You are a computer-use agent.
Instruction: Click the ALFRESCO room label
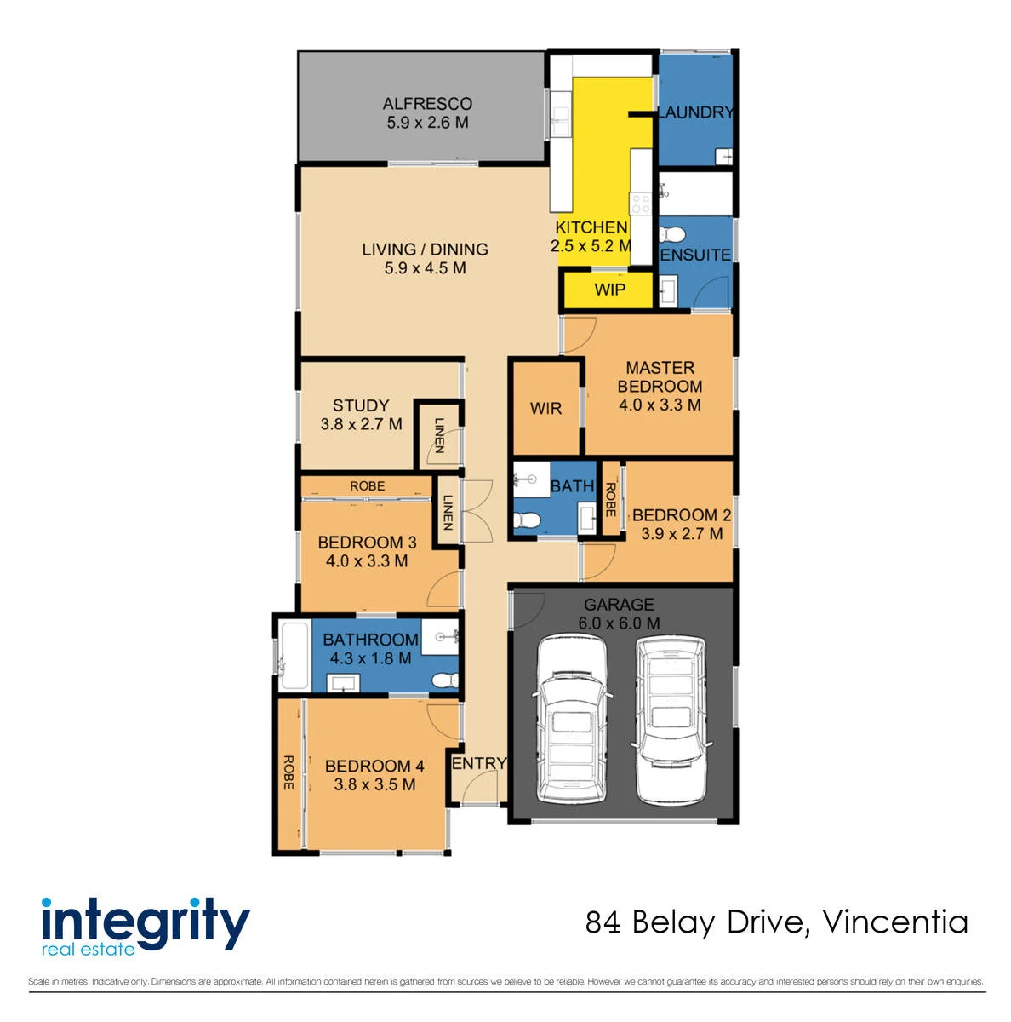click(x=426, y=103)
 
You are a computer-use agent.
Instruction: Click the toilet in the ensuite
click(x=671, y=234)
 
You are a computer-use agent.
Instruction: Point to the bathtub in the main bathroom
click(x=294, y=656)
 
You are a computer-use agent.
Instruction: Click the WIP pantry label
click(x=609, y=290)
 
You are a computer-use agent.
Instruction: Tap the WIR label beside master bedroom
click(x=545, y=409)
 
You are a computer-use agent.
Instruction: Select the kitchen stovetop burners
click(x=640, y=204)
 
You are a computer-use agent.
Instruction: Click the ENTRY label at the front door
click(x=479, y=763)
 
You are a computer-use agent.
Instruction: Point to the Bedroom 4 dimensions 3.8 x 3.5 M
click(x=374, y=784)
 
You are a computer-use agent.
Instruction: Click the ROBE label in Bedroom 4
click(x=288, y=772)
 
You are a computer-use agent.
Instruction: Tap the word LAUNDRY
click(x=695, y=112)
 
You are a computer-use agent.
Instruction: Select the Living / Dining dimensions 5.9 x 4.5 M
click(x=425, y=267)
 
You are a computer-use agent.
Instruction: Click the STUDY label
click(x=361, y=405)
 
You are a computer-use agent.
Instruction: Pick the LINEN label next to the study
click(x=439, y=435)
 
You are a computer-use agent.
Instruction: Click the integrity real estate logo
click(x=146, y=927)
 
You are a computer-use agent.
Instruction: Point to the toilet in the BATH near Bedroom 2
click(x=527, y=520)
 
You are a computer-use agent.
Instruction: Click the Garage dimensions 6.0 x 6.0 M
click(x=619, y=623)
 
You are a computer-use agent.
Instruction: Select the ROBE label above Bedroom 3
click(x=367, y=485)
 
